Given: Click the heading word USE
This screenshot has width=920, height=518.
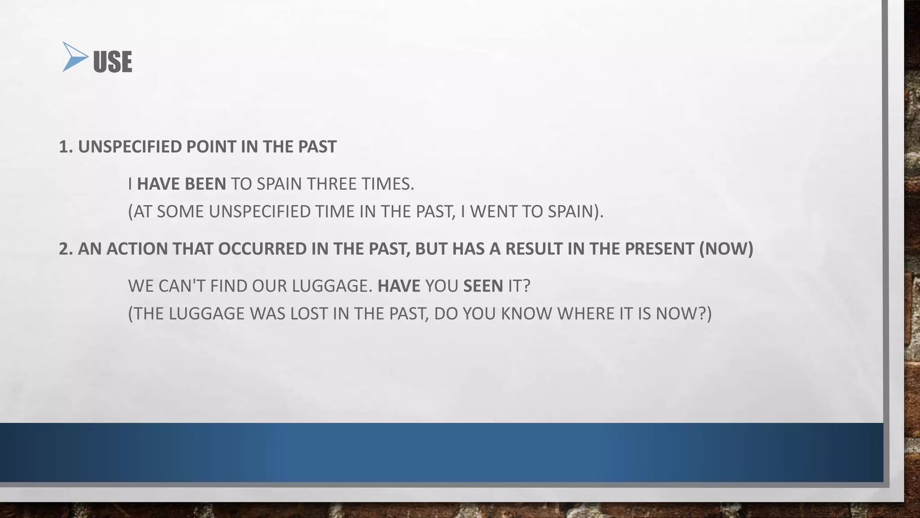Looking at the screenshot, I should (112, 62).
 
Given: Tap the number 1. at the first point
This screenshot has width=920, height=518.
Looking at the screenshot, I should (66, 147).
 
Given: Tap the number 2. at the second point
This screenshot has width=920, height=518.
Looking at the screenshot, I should (66, 249).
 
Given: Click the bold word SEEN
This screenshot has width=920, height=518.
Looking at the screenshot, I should (483, 286).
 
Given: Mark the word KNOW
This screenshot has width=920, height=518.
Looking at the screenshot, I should (526, 313).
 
